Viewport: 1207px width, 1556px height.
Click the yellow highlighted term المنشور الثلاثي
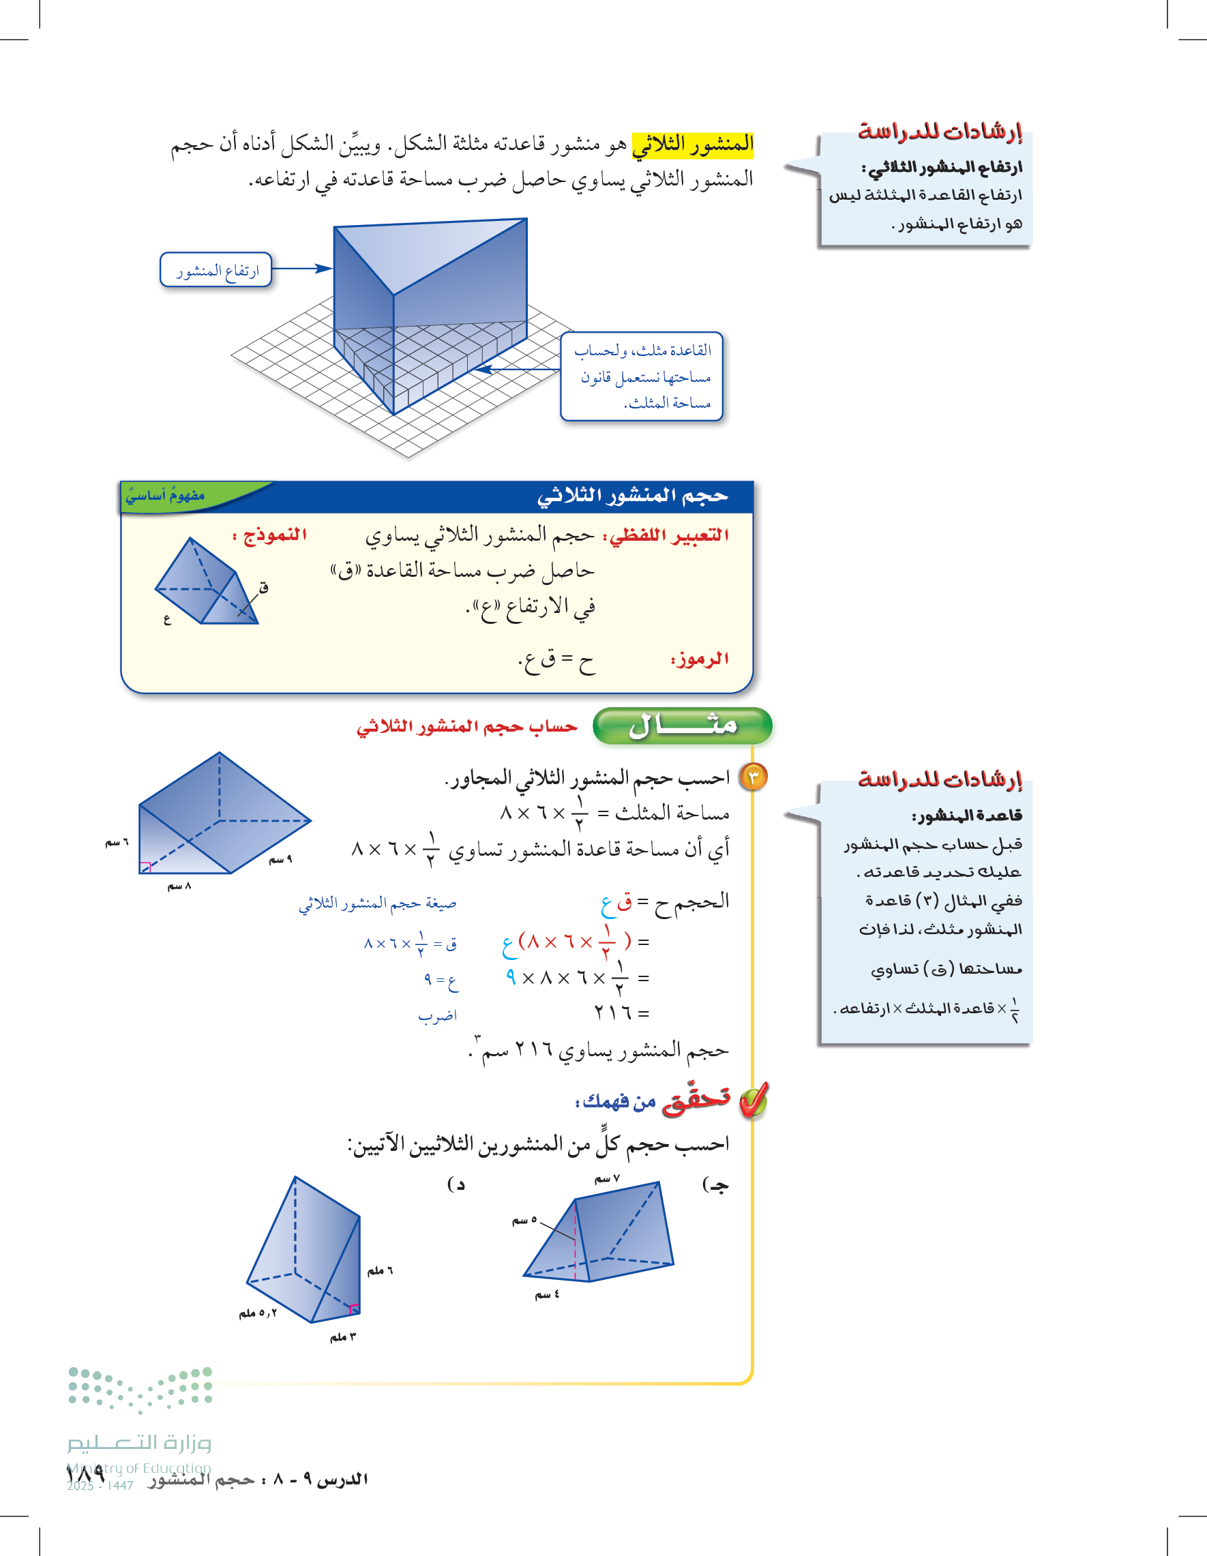tap(693, 145)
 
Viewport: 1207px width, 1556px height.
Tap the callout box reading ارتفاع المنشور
tap(217, 270)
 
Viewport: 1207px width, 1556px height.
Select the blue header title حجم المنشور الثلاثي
tap(632, 496)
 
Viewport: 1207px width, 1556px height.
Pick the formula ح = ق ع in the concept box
tap(556, 662)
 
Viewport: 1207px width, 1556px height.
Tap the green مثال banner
tap(683, 726)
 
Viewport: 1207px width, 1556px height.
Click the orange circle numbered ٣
tap(754, 777)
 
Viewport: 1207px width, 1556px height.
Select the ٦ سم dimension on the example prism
tap(117, 843)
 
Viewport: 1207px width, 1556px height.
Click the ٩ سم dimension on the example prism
tap(280, 860)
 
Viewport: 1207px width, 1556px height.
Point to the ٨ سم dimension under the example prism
tap(179, 886)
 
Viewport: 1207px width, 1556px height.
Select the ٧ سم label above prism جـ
tap(607, 1180)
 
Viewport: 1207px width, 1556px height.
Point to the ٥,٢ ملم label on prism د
tap(257, 1313)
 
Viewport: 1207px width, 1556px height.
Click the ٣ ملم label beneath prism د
tap(343, 1337)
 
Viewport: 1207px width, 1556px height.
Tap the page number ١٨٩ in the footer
tap(86, 1473)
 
